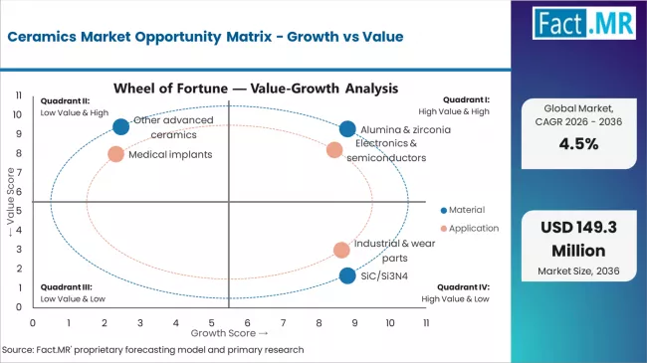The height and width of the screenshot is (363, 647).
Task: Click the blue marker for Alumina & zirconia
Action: click(346, 129)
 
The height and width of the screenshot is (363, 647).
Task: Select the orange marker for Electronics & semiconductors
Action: click(334, 150)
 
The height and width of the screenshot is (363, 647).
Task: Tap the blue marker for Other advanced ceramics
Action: click(121, 126)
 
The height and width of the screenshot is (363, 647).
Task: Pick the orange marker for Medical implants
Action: click(115, 154)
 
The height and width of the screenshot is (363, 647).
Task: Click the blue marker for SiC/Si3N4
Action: click(346, 275)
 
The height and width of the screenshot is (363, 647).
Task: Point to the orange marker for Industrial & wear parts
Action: click(341, 250)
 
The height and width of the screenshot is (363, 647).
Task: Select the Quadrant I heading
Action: click(466, 100)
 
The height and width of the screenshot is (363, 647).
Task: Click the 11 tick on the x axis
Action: click(425, 323)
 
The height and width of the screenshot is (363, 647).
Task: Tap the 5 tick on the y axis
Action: click(21, 211)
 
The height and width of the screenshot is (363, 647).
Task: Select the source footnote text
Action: click(151, 350)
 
